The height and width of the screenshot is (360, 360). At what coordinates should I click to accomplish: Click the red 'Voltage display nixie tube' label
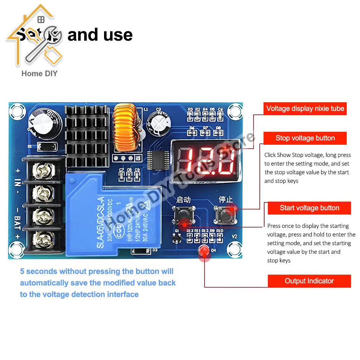305,108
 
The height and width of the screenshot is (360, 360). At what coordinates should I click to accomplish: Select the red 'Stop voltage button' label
305,138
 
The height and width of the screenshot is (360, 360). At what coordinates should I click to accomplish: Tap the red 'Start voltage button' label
309,208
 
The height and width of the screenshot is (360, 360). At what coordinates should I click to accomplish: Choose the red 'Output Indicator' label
309,281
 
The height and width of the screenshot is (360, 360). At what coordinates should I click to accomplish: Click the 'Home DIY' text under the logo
39,74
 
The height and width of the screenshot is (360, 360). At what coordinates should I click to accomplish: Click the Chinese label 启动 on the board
183,199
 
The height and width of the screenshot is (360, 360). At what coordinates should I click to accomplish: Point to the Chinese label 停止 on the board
226,199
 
